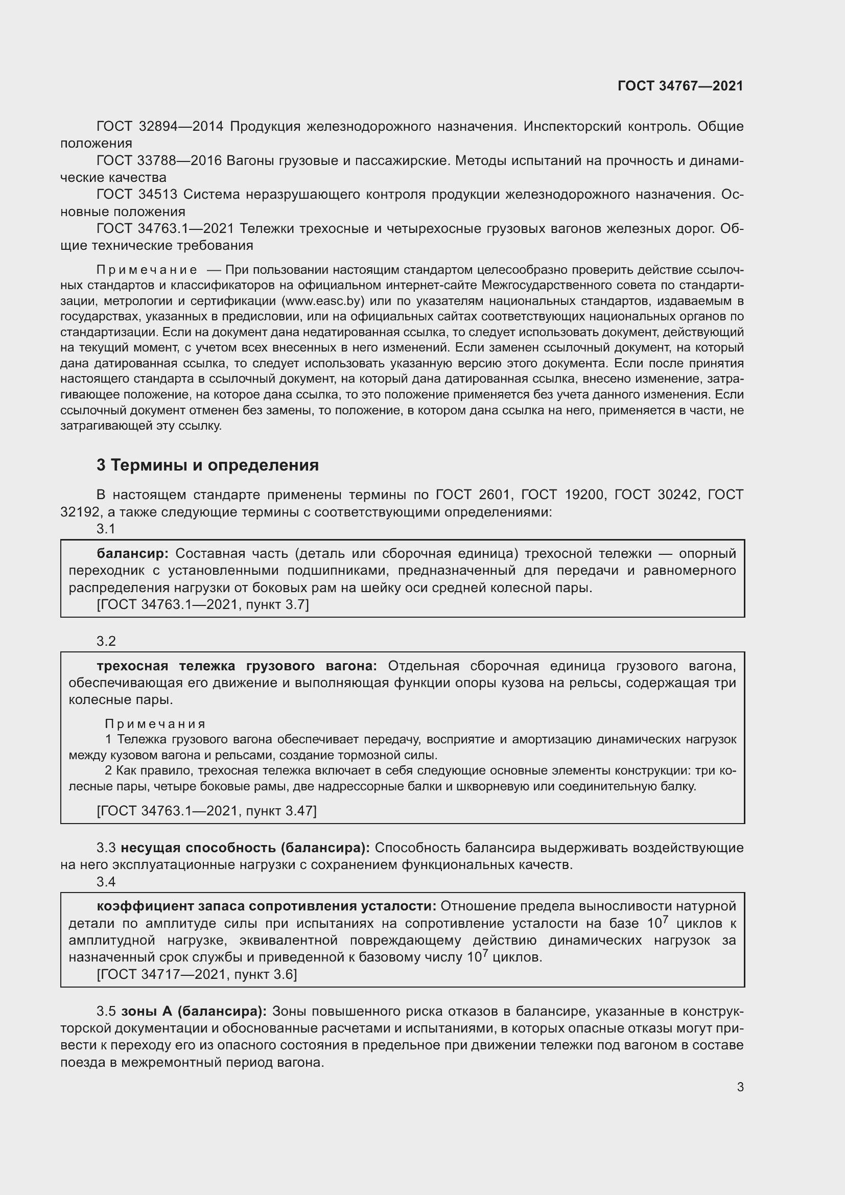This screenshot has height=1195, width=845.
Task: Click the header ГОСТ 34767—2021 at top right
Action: (x=680, y=86)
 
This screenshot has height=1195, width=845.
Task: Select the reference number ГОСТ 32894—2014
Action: (x=160, y=127)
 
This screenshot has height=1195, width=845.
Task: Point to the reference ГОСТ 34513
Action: (x=137, y=195)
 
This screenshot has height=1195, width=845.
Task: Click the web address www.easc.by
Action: (x=322, y=301)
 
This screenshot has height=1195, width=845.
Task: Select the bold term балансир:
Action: (x=133, y=553)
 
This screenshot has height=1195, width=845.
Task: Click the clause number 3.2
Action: (x=106, y=641)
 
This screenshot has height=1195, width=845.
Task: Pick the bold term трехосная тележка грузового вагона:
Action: (x=237, y=666)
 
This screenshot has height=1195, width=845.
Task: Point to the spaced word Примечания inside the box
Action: (x=155, y=724)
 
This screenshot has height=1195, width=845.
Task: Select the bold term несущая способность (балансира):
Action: (x=245, y=848)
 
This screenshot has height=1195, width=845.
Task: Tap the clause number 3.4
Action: (x=106, y=882)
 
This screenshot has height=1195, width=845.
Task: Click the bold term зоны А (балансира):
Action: (x=194, y=1011)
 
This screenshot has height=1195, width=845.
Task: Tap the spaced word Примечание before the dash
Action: (x=146, y=270)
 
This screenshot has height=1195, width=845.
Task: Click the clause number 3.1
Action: (x=106, y=529)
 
